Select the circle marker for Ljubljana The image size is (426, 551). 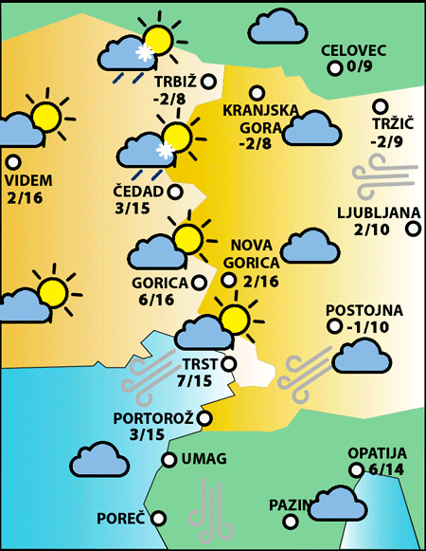point(413,228)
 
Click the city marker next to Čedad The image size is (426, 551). point(175,192)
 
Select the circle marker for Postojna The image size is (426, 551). point(332,326)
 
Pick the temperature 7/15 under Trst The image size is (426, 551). point(195,380)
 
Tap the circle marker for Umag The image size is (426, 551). point(169,460)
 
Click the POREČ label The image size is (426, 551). point(120,519)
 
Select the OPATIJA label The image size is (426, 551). point(376,453)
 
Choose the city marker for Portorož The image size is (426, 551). point(204,417)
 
